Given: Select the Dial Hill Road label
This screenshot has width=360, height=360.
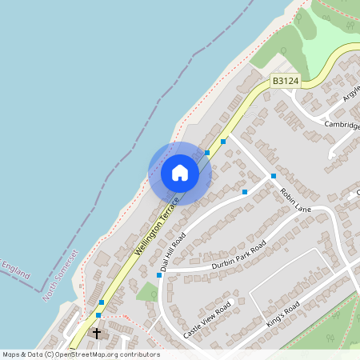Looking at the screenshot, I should (173, 254).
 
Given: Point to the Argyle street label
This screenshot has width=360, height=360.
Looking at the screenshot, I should (351, 94).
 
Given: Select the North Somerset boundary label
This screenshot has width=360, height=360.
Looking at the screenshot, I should (62, 274).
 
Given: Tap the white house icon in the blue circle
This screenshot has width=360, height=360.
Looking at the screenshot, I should (180, 173).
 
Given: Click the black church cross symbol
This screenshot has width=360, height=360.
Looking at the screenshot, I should (98, 333).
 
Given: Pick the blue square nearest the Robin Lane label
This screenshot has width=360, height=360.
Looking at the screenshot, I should (274, 176).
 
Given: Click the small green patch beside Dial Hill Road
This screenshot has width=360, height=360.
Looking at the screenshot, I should (147, 291).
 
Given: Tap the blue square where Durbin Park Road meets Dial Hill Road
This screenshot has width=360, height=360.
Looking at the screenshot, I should (159, 274).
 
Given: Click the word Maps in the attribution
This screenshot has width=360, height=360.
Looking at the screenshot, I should (11, 354).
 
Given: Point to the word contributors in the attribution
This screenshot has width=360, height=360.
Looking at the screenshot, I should (138, 354).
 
